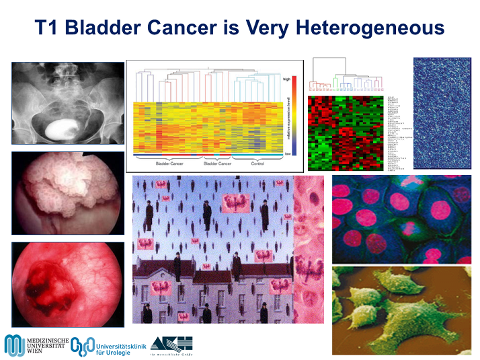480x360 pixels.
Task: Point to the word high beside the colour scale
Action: [x=287, y=79]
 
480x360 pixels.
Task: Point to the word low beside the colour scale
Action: [x=287, y=154]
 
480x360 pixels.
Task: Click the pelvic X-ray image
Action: [x=68, y=104]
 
